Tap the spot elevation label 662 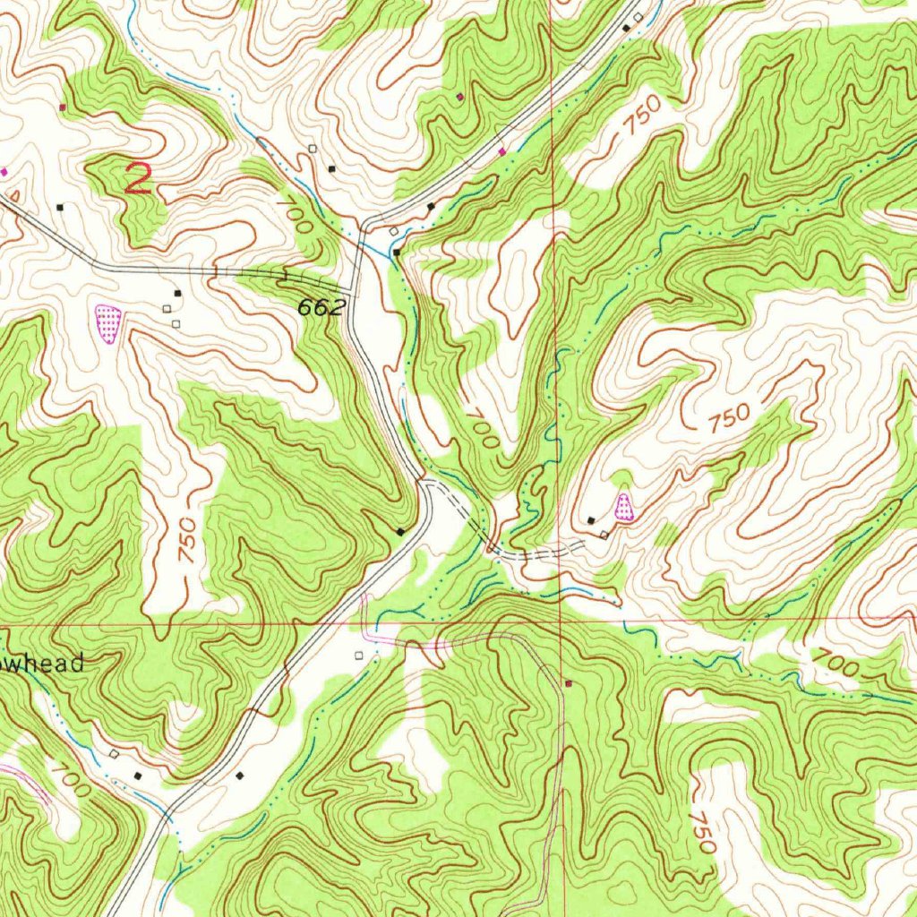click(321, 308)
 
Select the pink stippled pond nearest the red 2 click(107, 323)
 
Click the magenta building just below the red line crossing click(568, 684)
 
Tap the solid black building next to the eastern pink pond click(591, 519)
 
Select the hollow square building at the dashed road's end click(604, 535)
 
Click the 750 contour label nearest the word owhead click(185, 540)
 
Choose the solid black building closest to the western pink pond click(177, 293)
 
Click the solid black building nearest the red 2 click(60, 207)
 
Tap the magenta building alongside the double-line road click(501, 151)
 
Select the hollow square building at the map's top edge click(638, 17)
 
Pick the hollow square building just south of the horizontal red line click(359, 656)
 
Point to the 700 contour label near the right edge click(834, 663)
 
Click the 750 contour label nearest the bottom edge click(702, 833)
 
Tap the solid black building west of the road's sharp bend click(400, 532)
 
